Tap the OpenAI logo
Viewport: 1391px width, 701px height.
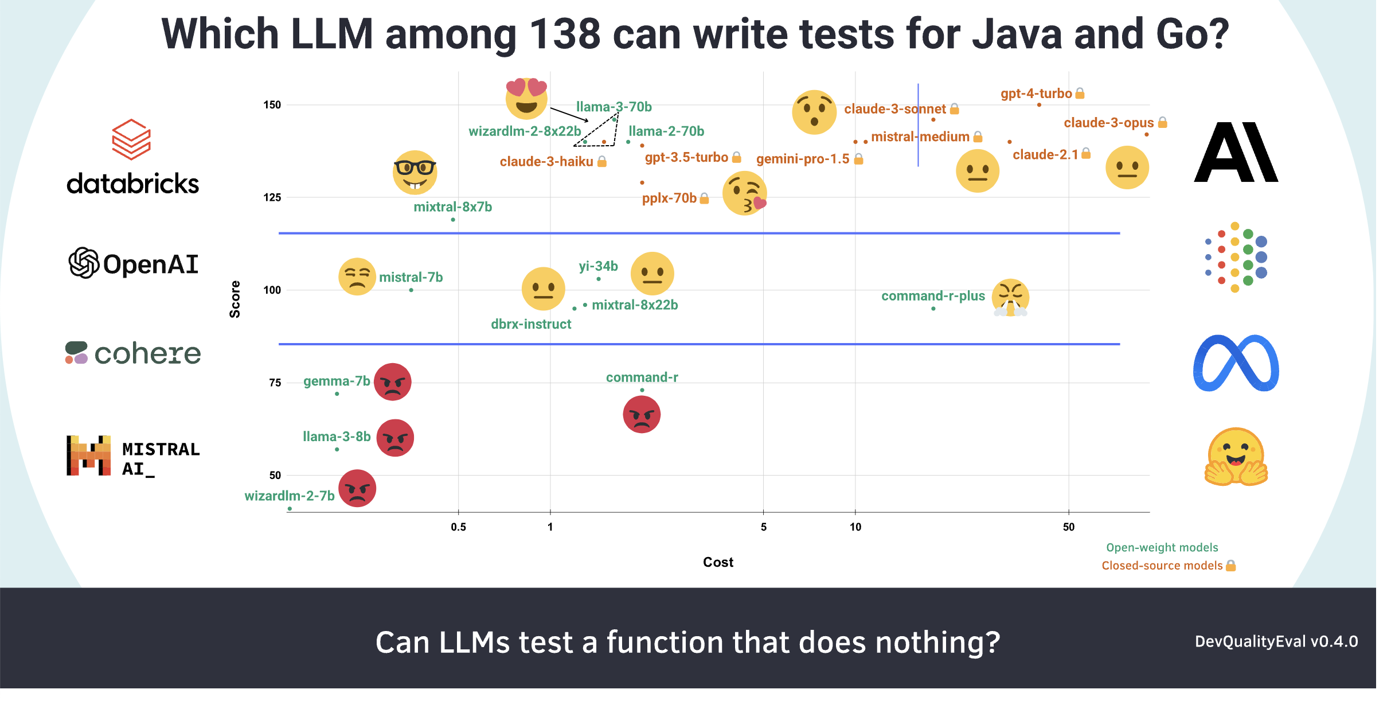pos(134,264)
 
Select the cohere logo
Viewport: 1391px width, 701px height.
pos(133,353)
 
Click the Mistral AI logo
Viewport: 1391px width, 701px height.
pos(133,456)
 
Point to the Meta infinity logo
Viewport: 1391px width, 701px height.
pos(1236,364)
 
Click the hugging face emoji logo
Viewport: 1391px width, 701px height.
pos(1236,457)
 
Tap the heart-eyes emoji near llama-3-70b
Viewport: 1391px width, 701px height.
pos(526,98)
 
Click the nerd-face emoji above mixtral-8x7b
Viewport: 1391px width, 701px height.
pos(415,172)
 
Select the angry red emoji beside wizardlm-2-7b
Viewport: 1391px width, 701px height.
pos(357,488)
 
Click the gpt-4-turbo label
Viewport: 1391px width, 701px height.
pos(1036,94)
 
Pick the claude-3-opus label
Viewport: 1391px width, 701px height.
pos(1108,123)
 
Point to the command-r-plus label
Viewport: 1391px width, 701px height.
pos(933,296)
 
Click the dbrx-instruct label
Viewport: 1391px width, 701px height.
pos(531,324)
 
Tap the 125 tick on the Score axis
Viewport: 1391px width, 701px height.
pos(272,198)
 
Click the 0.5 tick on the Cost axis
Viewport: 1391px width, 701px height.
pos(458,527)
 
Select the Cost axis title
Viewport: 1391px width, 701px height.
pos(718,562)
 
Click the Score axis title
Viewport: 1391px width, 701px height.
pos(235,299)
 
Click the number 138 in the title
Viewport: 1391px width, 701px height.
pos(565,34)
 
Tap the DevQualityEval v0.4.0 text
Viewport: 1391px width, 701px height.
pos(1276,641)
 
